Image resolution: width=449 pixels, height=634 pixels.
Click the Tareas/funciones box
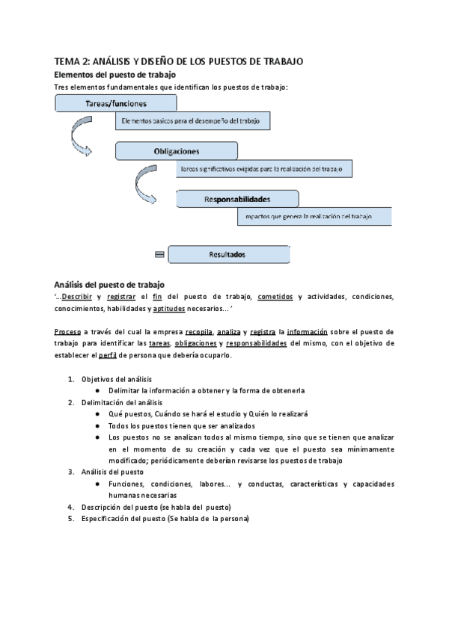click(116, 103)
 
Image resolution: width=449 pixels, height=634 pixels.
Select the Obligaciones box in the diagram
click(176, 151)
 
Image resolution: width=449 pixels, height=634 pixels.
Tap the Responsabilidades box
click(236, 199)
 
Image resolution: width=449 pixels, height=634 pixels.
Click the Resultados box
click(229, 254)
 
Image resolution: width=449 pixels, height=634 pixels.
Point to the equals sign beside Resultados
click(159, 255)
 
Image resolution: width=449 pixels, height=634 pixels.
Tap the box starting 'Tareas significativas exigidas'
click(264, 169)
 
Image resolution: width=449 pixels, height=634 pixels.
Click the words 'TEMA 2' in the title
click(72, 61)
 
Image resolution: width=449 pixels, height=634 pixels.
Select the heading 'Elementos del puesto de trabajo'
click(114, 75)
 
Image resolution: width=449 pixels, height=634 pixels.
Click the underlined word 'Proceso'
click(68, 331)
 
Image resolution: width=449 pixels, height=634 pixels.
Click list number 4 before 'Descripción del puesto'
click(71, 507)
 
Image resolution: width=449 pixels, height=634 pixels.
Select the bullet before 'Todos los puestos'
click(98, 425)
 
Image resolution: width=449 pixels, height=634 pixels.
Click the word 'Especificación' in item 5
click(107, 519)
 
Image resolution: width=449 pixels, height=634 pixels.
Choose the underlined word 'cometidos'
click(275, 297)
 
